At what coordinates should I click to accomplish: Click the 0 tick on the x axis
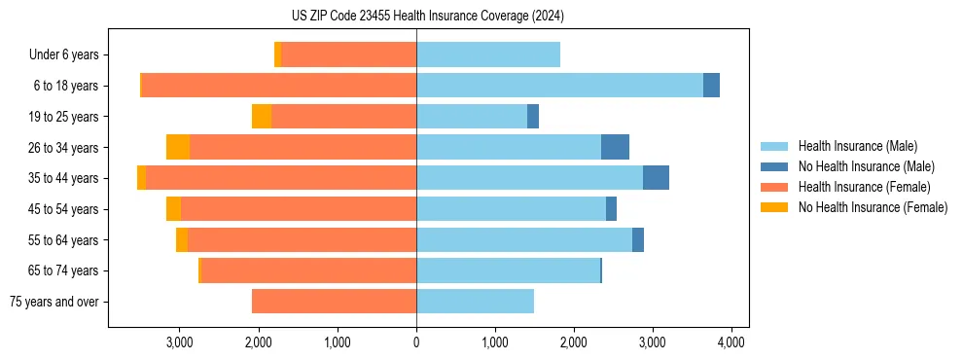(x=416, y=342)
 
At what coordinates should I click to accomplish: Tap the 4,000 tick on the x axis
(x=731, y=342)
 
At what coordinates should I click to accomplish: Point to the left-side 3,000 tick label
(x=180, y=342)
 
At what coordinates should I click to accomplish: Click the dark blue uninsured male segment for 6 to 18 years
(x=711, y=86)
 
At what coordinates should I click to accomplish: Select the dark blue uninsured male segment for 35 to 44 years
(x=656, y=178)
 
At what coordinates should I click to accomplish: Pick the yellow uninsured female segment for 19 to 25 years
(x=262, y=117)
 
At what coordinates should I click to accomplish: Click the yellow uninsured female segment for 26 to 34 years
(x=178, y=147)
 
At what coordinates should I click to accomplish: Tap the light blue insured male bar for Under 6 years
(x=488, y=55)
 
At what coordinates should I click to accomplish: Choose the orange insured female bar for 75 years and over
(x=334, y=302)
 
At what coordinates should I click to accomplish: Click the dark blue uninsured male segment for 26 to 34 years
(x=615, y=147)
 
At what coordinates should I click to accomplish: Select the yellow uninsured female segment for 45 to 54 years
(x=173, y=209)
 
